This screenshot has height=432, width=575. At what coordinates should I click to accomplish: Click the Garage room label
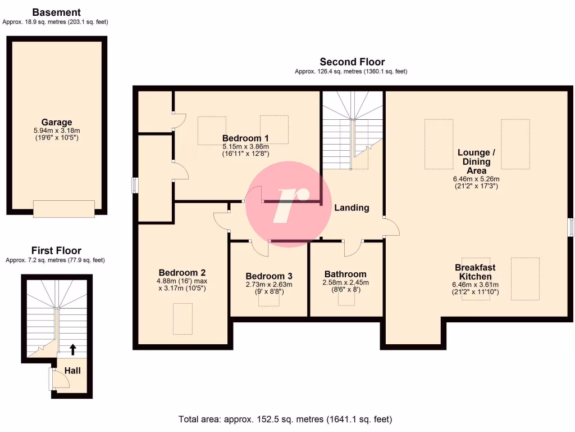pos(56,122)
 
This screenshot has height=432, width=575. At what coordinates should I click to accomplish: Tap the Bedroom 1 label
pos(245,138)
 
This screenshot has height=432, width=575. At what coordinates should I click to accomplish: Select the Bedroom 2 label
pos(178,272)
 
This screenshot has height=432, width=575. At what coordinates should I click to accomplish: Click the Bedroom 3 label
pos(269,276)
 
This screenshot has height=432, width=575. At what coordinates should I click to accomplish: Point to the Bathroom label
pos(345,274)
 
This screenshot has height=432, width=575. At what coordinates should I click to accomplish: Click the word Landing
pos(352,208)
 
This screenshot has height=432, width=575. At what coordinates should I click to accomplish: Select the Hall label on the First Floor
pos(72,371)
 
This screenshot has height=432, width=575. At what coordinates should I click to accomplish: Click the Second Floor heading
pos(352,62)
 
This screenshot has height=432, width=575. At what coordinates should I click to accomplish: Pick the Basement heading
pos(56,12)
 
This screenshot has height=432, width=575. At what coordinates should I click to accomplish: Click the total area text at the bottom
pos(285,419)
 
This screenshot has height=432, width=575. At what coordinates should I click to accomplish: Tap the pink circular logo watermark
pos(287,203)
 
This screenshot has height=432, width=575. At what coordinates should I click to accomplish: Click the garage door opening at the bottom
pos(64,209)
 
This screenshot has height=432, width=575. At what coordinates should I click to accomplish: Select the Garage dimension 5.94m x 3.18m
pos(56,130)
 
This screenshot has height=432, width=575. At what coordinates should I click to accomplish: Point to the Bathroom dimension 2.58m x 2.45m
pos(345,283)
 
